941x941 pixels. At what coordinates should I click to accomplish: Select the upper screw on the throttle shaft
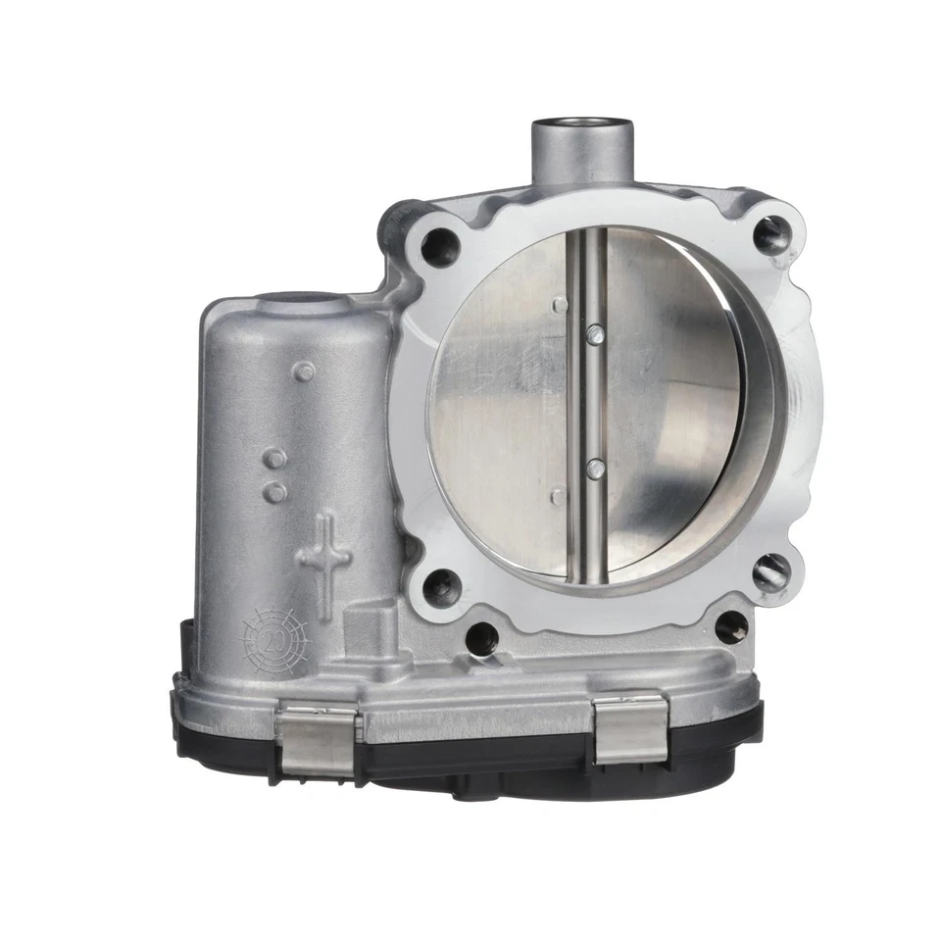[591, 336]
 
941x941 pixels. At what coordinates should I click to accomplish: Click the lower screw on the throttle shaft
[592, 470]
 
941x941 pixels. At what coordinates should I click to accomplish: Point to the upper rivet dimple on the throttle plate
[559, 306]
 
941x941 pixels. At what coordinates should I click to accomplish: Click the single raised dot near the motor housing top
[306, 371]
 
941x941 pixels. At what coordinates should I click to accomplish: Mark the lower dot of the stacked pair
[277, 490]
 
